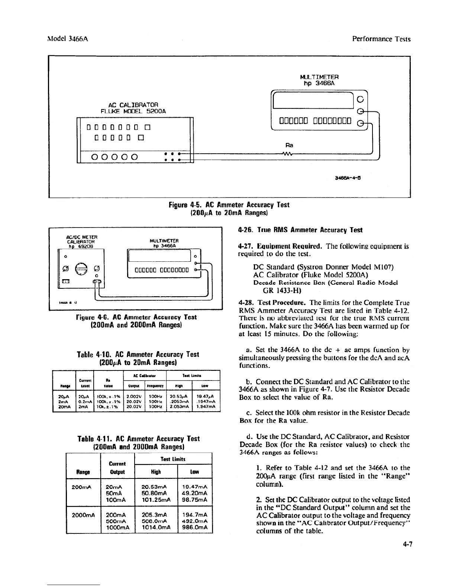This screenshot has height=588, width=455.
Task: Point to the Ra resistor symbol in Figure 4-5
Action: point(288,154)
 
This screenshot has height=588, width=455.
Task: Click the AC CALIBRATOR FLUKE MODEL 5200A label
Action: point(133,108)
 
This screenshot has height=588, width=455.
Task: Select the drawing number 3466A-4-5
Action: point(348,177)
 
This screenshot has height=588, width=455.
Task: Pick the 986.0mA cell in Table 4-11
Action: point(195,527)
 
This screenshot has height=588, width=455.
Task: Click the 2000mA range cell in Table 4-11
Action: point(83,515)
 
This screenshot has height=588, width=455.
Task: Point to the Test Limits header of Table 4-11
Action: point(173,459)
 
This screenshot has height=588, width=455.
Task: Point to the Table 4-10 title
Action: point(137,358)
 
